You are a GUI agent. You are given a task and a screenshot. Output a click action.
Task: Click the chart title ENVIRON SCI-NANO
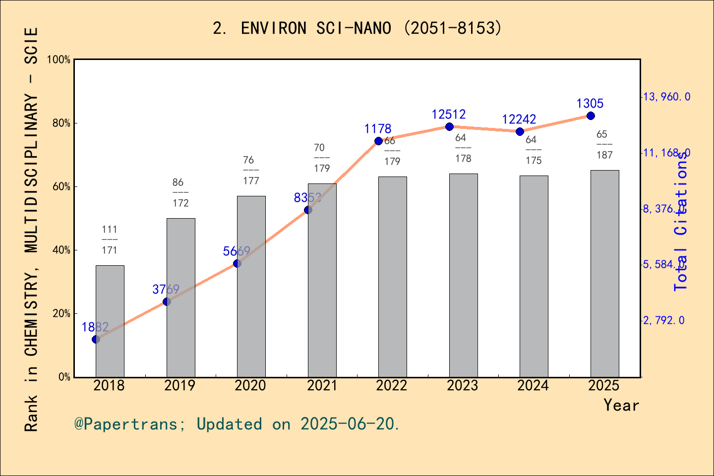[x=357, y=28]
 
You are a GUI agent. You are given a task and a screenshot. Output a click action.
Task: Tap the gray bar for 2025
[x=604, y=273]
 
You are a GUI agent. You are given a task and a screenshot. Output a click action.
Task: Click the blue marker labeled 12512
[x=449, y=126]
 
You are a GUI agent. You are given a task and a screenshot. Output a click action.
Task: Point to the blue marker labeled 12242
[x=520, y=131]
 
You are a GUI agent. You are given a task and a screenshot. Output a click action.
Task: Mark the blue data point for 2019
[x=167, y=301]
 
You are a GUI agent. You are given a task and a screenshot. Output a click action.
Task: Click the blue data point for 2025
[x=591, y=116]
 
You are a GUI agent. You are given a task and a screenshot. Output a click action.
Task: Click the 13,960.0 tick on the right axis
[x=666, y=97]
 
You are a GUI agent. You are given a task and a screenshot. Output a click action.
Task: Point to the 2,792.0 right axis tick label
[x=663, y=320]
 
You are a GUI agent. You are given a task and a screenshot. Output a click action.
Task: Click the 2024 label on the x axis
[x=533, y=386]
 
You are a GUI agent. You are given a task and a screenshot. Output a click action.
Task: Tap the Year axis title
[x=621, y=405]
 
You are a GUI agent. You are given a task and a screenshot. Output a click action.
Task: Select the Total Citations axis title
[x=681, y=221]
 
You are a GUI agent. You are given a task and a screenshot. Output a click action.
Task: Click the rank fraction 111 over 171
[x=110, y=239]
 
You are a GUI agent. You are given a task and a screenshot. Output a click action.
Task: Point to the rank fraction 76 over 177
[x=250, y=170]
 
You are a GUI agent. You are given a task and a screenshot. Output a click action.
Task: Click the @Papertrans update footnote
[x=237, y=424]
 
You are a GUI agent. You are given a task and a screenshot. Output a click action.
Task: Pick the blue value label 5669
[x=237, y=251]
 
